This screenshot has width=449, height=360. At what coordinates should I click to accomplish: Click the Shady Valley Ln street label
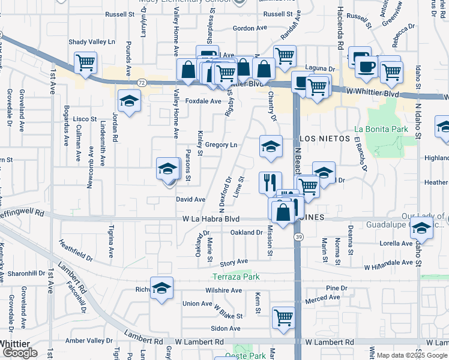tap(91, 42)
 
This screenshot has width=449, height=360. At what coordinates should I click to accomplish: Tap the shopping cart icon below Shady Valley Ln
tap(85, 62)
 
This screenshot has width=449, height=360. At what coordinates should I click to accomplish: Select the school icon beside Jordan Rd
tap(128, 101)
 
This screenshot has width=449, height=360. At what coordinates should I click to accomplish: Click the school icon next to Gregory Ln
tap(271, 146)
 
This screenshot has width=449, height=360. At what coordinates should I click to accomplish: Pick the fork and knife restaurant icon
tap(270, 182)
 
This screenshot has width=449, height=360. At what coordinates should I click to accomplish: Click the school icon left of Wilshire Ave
tap(161, 288)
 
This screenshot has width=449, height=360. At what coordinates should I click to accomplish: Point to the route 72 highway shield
tap(141, 82)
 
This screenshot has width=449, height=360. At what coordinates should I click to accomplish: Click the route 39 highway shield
tap(298, 238)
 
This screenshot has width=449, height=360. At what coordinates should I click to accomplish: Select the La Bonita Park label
tap(381, 129)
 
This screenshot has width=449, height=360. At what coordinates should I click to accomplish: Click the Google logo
tap(20, 353)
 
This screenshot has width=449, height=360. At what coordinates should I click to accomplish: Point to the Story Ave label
tap(234, 262)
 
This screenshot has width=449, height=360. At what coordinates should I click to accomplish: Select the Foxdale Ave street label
tap(203, 101)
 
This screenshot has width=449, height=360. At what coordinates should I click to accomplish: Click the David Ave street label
tap(191, 199)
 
